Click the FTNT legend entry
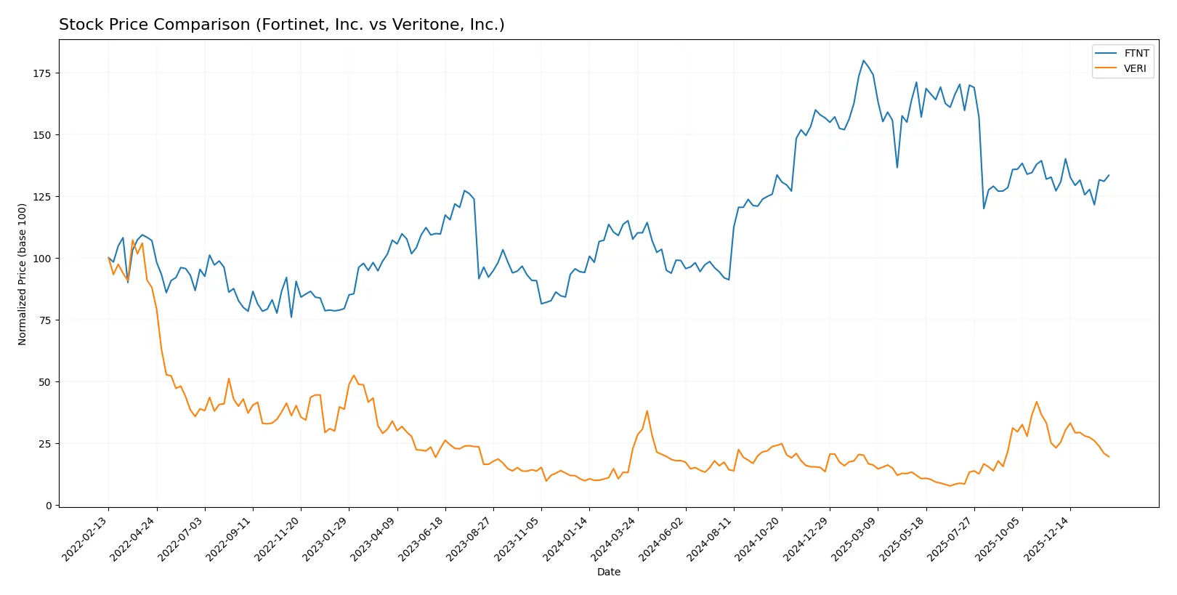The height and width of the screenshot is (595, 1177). [1136, 53]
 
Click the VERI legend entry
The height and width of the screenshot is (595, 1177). [1135, 68]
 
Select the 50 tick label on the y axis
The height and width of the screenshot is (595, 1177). [45, 382]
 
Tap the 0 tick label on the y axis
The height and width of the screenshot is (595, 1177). [49, 506]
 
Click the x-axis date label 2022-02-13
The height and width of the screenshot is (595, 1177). [86, 538]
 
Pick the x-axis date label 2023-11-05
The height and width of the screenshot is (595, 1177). [518, 538]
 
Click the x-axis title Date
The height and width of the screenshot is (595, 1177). [608, 572]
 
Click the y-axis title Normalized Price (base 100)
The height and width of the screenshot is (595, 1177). [23, 274]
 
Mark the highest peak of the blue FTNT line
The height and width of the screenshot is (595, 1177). [863, 61]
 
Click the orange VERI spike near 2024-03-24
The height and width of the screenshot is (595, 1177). [647, 411]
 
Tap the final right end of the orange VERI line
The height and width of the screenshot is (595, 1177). [1109, 457]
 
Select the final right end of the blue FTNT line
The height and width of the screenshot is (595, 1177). [1109, 175]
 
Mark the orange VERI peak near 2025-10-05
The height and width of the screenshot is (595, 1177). [1037, 402]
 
